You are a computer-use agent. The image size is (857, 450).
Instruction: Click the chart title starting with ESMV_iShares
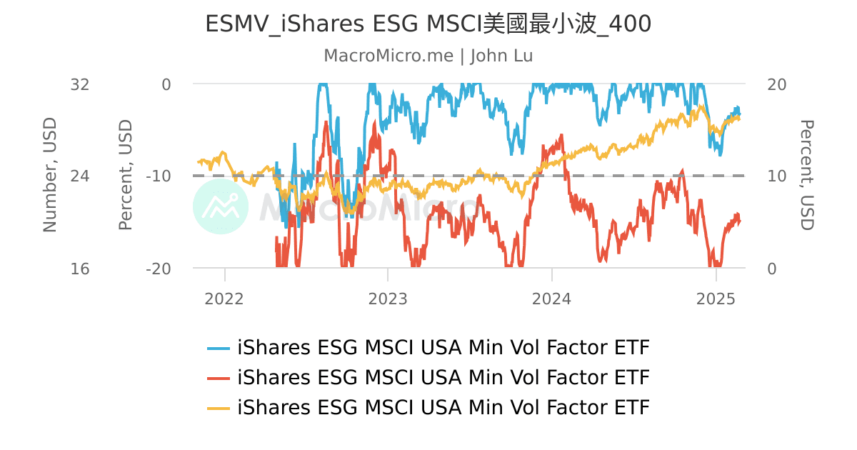tap(428, 24)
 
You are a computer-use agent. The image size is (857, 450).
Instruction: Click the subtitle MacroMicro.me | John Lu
tap(428, 56)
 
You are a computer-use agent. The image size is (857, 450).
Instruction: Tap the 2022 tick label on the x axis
tap(224, 299)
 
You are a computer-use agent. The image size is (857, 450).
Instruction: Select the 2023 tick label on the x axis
tap(388, 299)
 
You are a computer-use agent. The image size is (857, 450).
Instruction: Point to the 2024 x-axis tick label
tap(551, 299)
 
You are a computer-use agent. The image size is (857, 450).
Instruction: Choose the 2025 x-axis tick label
tap(716, 299)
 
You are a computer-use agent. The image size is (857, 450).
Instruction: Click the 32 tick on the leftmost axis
tap(80, 84)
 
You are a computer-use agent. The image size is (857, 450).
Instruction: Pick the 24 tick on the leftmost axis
tap(80, 176)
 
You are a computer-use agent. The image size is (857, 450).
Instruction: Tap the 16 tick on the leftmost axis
tap(80, 269)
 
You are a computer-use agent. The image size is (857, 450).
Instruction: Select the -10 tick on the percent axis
tap(158, 176)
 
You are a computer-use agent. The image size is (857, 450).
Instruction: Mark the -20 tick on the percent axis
tap(158, 269)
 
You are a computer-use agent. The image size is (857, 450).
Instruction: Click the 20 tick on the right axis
tap(776, 84)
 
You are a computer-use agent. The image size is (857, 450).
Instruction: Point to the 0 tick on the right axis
tap(771, 269)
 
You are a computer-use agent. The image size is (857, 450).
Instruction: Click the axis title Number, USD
tap(49, 176)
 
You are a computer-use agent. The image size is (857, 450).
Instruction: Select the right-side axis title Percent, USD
tap(806, 176)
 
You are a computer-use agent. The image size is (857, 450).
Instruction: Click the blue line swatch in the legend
tap(219, 349)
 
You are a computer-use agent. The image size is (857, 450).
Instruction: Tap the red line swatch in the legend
tap(219, 378)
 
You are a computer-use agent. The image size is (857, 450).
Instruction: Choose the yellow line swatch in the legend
tap(219, 408)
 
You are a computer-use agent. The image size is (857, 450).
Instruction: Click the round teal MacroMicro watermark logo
tap(221, 206)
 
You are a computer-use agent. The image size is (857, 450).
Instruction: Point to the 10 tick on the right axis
tap(776, 176)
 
